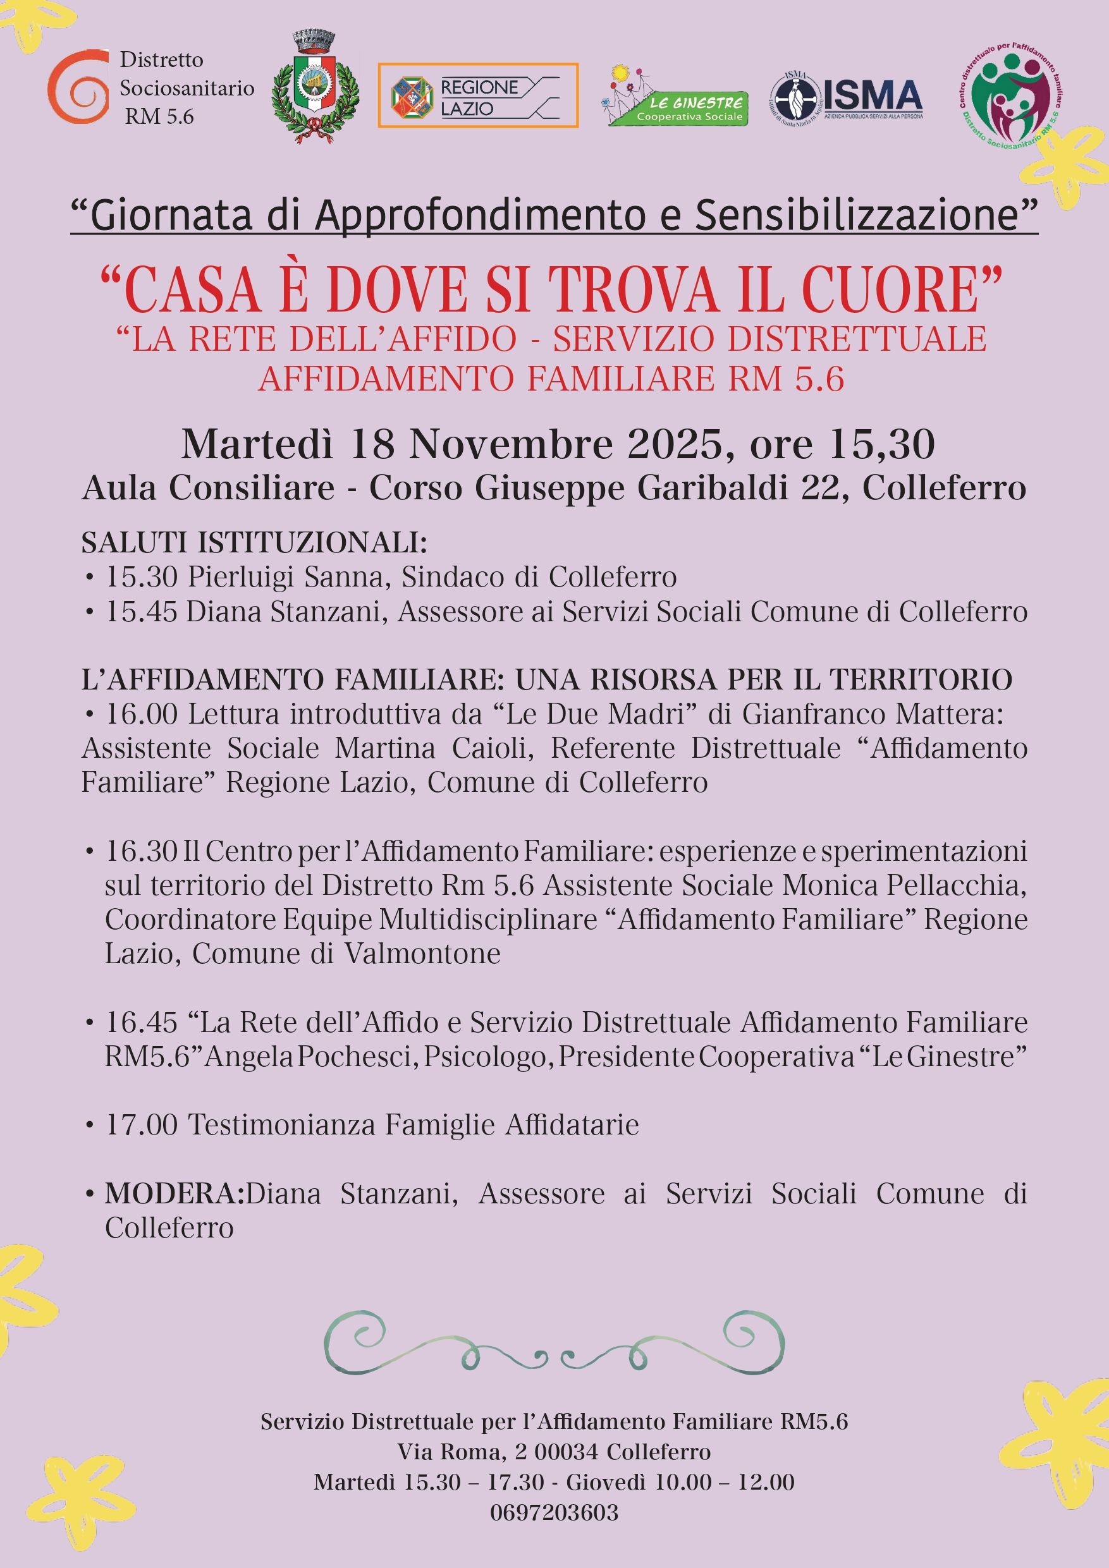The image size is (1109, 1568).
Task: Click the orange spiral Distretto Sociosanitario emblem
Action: click(x=78, y=87)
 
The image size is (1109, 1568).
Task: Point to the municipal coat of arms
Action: click(x=314, y=87)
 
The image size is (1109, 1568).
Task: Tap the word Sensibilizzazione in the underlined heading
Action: click(x=857, y=215)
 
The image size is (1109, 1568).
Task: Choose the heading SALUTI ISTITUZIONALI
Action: click(x=254, y=543)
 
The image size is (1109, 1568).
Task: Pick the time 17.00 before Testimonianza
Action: click(x=141, y=1125)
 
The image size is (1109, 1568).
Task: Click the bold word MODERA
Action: click(x=174, y=1194)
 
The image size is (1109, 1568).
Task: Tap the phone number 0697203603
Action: click(x=554, y=1512)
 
